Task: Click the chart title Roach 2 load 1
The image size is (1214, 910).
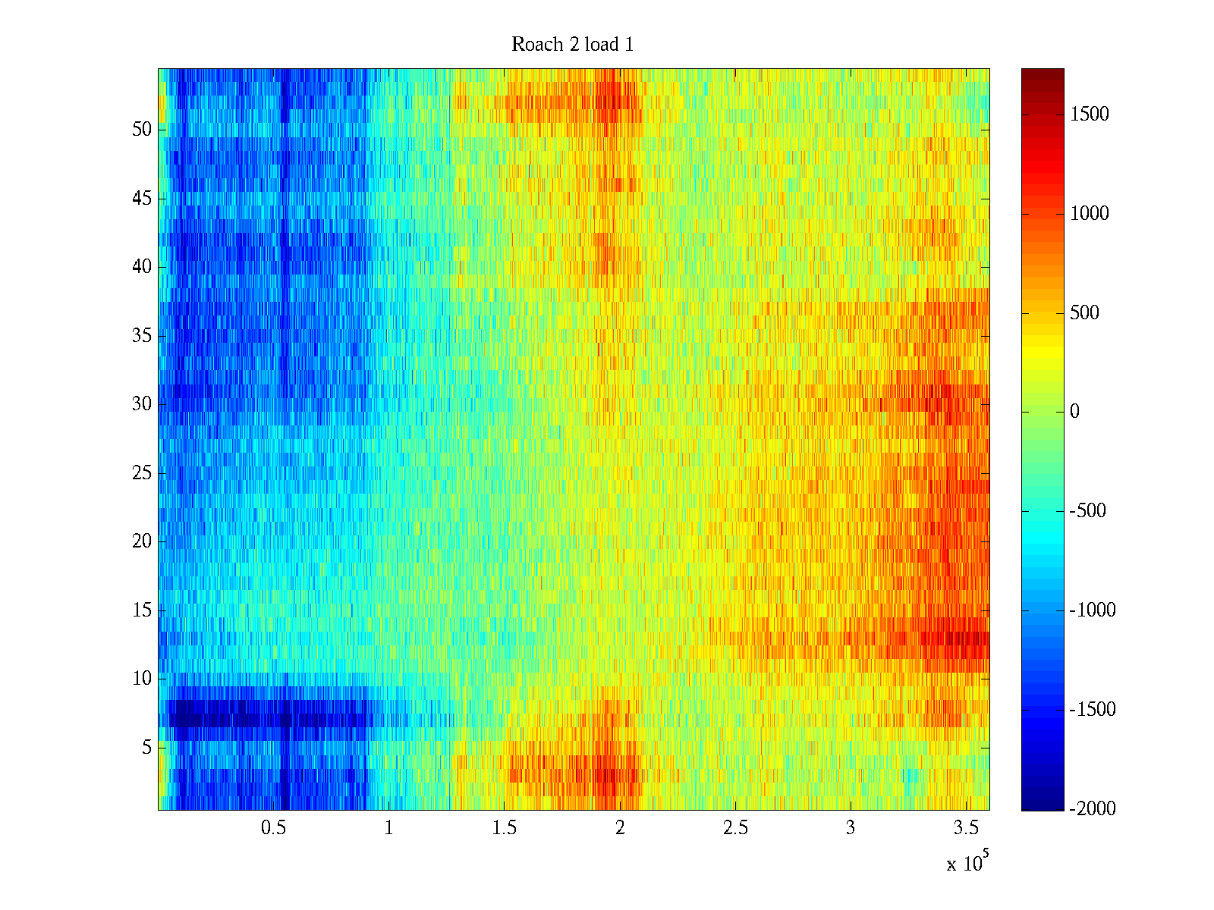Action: pyautogui.click(x=572, y=45)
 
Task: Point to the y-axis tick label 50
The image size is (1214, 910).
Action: pyautogui.click(x=142, y=130)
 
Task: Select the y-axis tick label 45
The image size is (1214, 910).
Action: pyautogui.click(x=142, y=199)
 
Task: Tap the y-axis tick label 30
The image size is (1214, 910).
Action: pyautogui.click(x=142, y=404)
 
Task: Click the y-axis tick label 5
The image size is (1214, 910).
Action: pyautogui.click(x=146, y=748)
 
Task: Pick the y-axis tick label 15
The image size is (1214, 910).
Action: pyautogui.click(x=142, y=610)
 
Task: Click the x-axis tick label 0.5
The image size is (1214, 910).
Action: pyautogui.click(x=273, y=828)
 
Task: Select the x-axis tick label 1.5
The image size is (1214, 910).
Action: pyautogui.click(x=504, y=828)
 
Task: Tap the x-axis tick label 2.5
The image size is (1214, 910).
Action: pyautogui.click(x=734, y=828)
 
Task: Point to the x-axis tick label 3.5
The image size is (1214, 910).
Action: pyautogui.click(x=965, y=828)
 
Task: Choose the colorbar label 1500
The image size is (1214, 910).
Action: pyautogui.click(x=1090, y=115)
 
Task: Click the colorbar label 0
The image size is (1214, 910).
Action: pyautogui.click(x=1074, y=412)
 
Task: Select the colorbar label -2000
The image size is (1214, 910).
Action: pyautogui.click(x=1093, y=809)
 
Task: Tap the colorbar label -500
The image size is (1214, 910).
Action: pyautogui.click(x=1088, y=511)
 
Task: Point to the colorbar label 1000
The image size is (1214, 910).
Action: pyautogui.click(x=1090, y=214)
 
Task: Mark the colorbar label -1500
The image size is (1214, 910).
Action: pyautogui.click(x=1093, y=710)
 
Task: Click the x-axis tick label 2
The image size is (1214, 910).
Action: pyautogui.click(x=620, y=828)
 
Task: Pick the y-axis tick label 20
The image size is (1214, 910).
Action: pyautogui.click(x=142, y=541)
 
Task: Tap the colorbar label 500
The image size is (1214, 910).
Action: pyautogui.click(x=1084, y=313)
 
